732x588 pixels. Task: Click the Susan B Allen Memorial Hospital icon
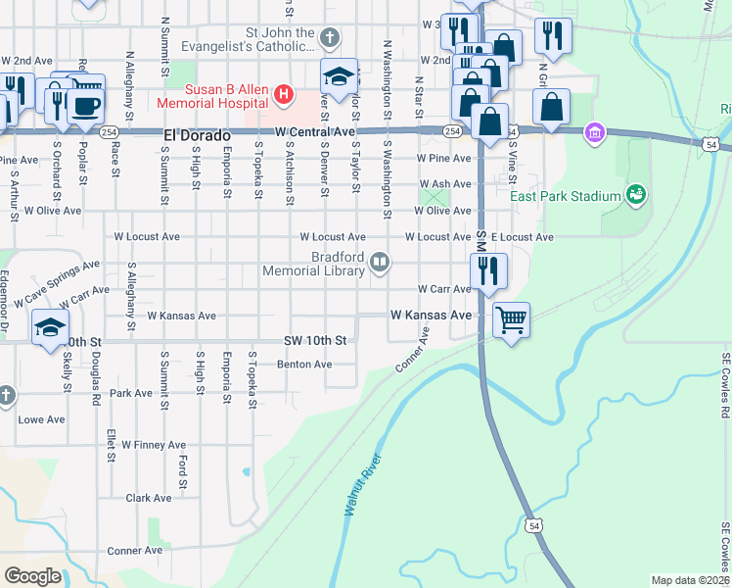284,95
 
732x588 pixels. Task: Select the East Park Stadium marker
636,195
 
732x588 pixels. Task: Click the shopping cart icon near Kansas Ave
511,318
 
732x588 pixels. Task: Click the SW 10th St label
315,341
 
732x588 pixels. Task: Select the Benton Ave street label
304,365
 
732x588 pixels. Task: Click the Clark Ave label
149,498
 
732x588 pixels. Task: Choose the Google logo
33,576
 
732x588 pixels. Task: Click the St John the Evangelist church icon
330,39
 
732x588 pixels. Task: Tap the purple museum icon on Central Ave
593,132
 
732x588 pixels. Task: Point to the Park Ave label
131,393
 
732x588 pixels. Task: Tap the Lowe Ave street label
41,419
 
